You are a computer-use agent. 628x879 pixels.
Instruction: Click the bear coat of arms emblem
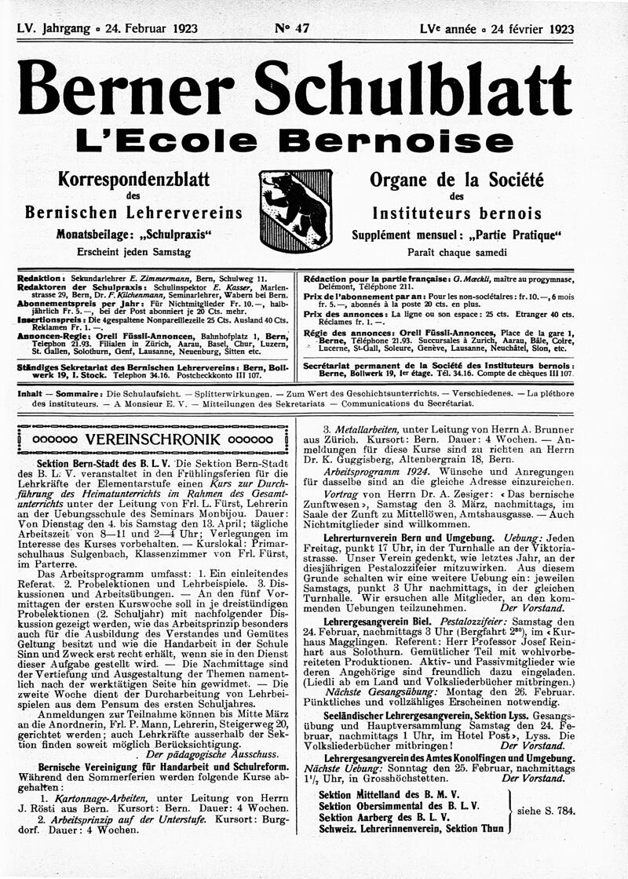tap(294, 210)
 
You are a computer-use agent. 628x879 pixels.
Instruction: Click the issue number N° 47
tap(292, 29)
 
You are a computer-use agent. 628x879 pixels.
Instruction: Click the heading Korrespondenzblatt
tap(133, 180)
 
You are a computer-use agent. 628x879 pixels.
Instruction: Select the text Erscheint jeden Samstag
tap(133, 252)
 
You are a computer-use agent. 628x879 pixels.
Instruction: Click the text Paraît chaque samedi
tap(457, 253)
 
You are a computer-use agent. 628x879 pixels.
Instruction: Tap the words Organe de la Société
tap(457, 180)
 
